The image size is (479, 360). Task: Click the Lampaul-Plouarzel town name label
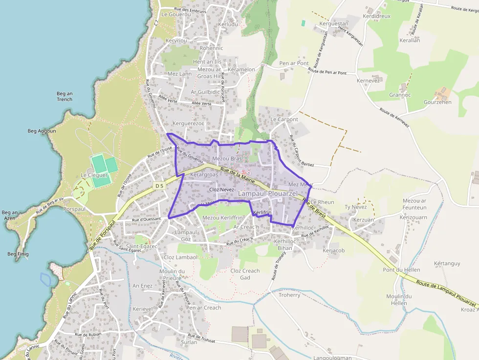pyautogui.click(x=267, y=194)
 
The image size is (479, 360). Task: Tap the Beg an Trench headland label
pyautogui.click(x=65, y=96)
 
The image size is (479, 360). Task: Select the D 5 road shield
pyautogui.click(x=159, y=186)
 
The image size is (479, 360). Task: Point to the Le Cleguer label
pyautogui.click(x=94, y=175)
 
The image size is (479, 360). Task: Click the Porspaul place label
pyautogui.click(x=74, y=209)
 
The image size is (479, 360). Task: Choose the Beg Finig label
pyautogui.click(x=18, y=254)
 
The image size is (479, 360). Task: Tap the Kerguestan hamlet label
pyautogui.click(x=334, y=23)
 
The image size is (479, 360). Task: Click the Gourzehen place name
pyautogui.click(x=437, y=102)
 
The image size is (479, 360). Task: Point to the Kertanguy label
pyautogui.click(x=447, y=263)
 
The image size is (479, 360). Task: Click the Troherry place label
pyautogui.click(x=289, y=295)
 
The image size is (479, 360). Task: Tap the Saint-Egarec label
pyautogui.click(x=142, y=246)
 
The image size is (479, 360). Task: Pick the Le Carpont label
pyautogui.click(x=284, y=119)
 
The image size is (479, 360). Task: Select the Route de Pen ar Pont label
pyautogui.click(x=327, y=71)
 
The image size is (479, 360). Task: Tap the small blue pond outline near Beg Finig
pyautogui.click(x=45, y=279)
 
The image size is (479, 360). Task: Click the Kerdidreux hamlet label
pyautogui.click(x=377, y=16)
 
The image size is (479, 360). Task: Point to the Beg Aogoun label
pyautogui.click(x=42, y=131)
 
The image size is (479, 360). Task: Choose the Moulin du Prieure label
pyautogui.click(x=172, y=275)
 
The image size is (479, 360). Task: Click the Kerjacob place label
pyautogui.click(x=334, y=251)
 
